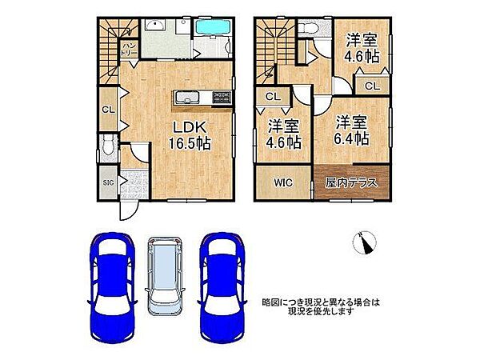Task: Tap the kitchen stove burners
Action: (x=220, y=98)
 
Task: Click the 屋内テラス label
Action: (x=352, y=182)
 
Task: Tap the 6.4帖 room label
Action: (x=352, y=130)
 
